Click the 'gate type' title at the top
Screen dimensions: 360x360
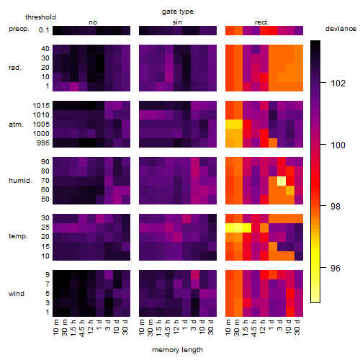point(178,12)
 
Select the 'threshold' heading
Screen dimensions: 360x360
point(40,17)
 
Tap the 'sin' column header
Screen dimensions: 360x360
point(177,22)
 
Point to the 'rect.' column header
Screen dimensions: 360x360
point(262,22)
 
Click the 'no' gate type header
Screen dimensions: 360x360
point(93,22)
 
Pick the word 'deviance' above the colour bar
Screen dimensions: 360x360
point(341,29)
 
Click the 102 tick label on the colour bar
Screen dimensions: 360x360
point(338,84)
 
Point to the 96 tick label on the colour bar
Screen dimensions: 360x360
point(336,268)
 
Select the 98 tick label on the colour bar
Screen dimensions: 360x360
point(336,206)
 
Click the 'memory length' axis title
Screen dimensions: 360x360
point(178,350)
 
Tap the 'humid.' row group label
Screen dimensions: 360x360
point(20,181)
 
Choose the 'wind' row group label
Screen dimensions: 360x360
point(17,294)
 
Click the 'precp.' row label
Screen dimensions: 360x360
point(19,29)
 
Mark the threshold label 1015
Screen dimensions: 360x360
point(41,106)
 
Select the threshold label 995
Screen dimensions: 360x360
point(43,143)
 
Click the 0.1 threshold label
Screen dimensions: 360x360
point(44,30)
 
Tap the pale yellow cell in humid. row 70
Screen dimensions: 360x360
point(282,181)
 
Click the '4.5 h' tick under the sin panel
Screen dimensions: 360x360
point(168,328)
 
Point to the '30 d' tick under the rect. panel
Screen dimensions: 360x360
point(297,328)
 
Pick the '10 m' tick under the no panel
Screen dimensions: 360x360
point(55,328)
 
